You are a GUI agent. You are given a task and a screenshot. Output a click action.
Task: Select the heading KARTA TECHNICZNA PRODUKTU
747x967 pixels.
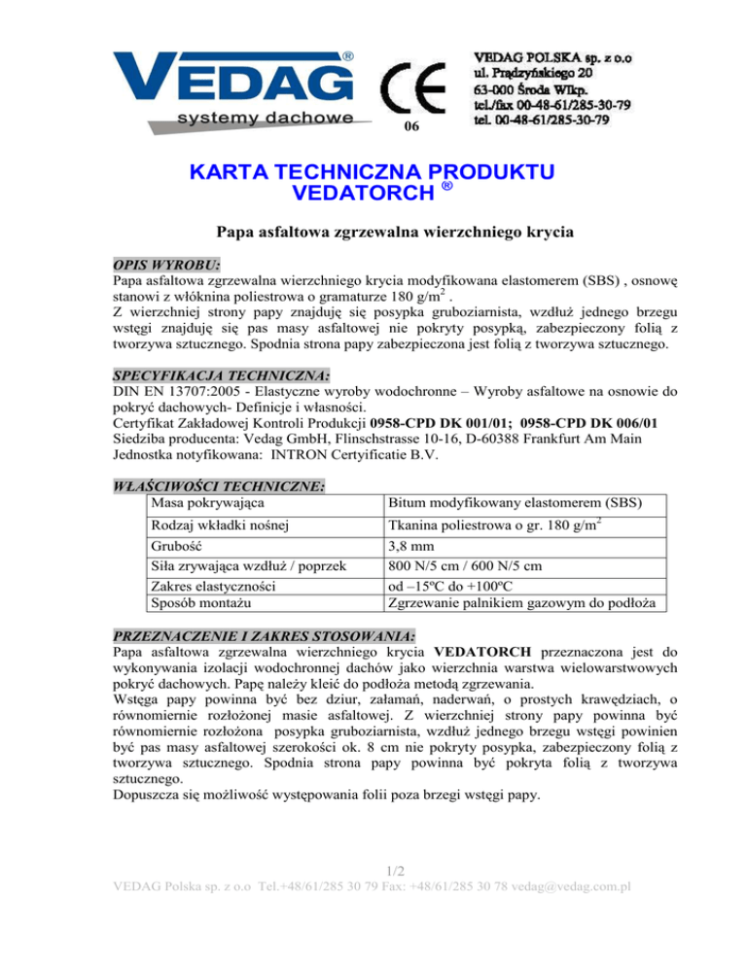373,173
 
